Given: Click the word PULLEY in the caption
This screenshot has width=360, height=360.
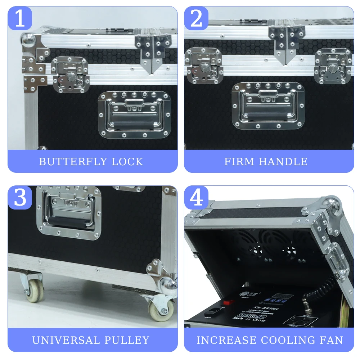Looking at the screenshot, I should [x=130, y=340].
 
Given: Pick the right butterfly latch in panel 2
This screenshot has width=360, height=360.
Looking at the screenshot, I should [x=333, y=67].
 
